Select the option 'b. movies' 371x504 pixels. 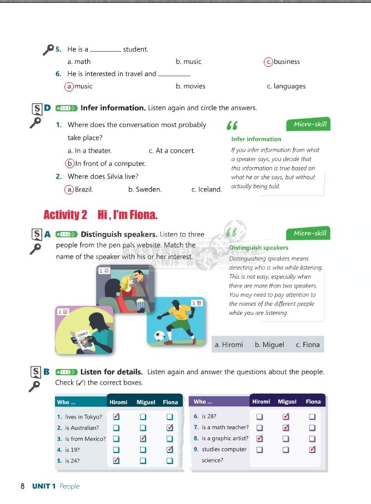190,86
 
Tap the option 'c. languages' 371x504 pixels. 286,86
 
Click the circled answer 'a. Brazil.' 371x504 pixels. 79,189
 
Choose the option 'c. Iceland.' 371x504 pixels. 207,189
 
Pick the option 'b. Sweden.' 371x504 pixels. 144,189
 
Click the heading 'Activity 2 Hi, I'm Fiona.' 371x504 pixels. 100,215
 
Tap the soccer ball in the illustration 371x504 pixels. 161,335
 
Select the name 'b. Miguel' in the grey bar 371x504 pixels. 269,345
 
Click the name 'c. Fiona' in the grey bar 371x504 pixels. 308,345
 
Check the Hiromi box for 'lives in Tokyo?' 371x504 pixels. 117,416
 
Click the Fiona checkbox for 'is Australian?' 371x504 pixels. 170,428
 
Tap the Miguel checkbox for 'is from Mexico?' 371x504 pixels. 143,439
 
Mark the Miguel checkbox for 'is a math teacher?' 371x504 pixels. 286,427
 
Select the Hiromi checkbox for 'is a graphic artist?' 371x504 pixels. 259,439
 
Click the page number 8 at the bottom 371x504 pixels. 23,486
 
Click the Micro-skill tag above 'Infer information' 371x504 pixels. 307,124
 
